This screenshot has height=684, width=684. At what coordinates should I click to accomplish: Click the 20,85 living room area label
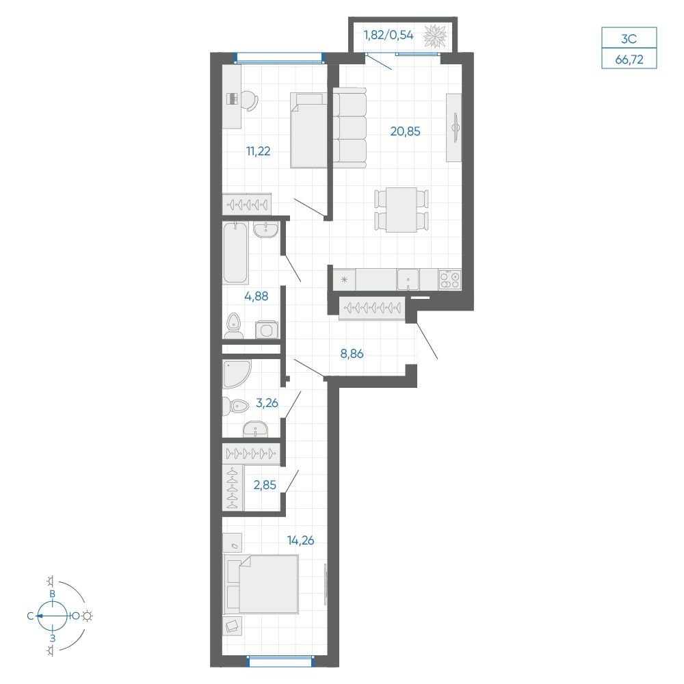405,131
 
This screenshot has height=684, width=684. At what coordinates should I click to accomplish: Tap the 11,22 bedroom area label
259,151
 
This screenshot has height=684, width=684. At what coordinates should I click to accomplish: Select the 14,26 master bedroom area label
300,540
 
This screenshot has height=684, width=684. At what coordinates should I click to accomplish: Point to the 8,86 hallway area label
352,354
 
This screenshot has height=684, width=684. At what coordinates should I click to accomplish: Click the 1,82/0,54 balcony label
389,35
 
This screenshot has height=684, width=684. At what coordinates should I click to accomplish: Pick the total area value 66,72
629,60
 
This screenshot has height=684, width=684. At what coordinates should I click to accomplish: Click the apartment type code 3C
629,39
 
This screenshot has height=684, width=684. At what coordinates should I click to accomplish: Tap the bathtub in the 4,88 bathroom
235,252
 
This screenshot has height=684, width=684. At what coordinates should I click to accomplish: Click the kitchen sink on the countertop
408,279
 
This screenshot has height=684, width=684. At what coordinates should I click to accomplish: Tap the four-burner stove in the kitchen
450,279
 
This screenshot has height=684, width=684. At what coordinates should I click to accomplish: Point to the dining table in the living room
402,210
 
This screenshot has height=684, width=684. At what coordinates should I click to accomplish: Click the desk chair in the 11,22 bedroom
250,101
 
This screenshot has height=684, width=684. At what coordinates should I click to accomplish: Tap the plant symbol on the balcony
435,36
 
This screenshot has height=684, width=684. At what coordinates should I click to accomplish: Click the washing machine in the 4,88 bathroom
267,330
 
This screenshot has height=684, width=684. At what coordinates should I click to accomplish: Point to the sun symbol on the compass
88,616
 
